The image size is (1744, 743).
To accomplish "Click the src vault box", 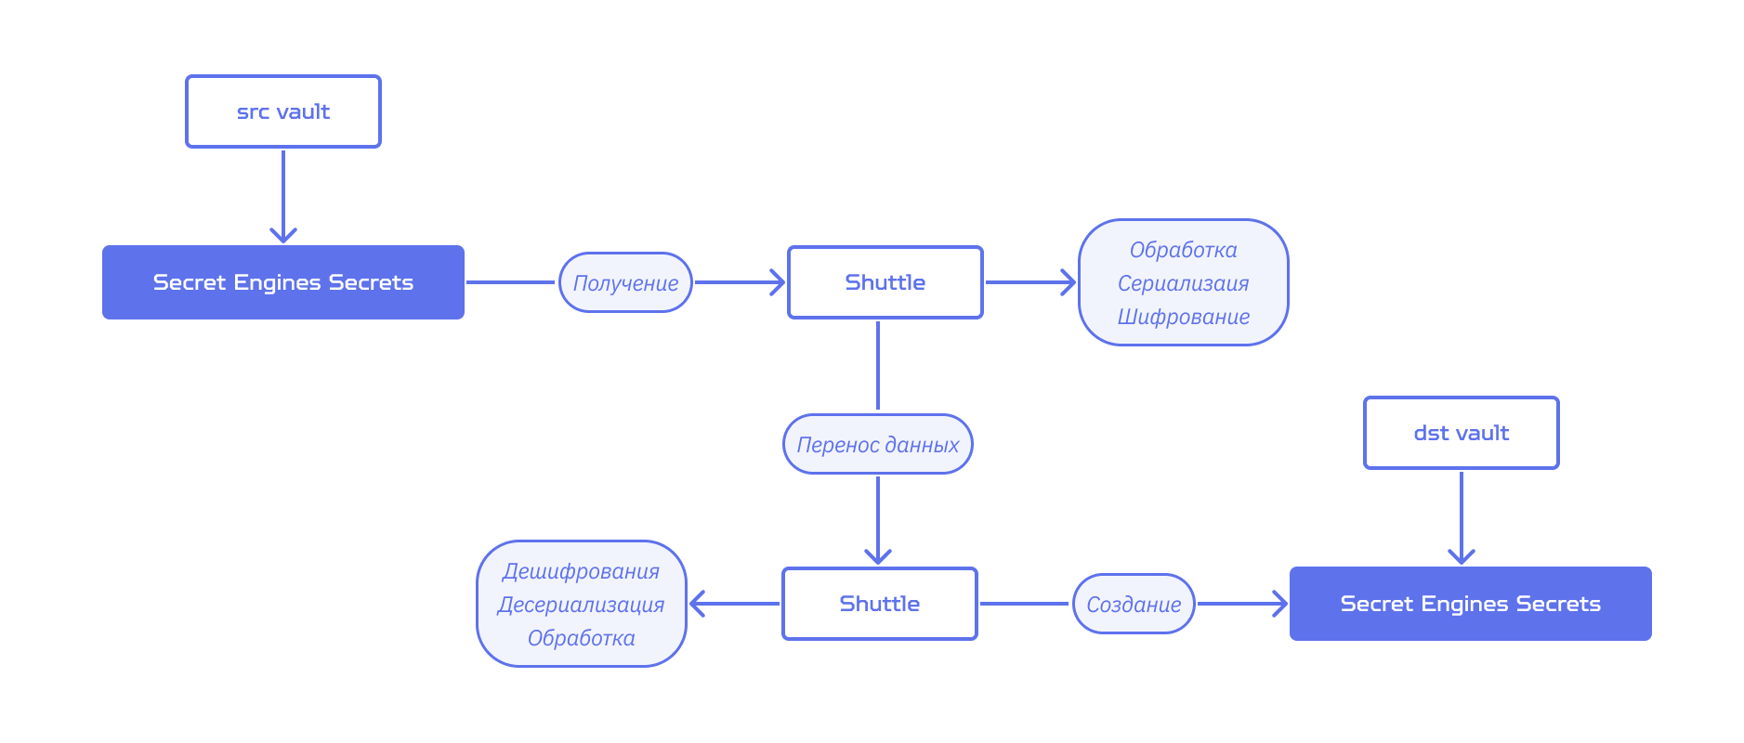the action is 283,111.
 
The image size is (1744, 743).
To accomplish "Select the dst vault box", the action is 1461,433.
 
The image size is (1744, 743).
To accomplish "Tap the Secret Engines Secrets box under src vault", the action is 283,282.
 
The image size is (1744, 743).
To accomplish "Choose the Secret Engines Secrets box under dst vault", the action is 1470,604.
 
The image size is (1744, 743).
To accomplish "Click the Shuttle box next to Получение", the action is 885,282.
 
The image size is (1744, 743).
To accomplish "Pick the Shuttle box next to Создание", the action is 879,604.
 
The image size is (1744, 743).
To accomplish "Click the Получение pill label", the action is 625,282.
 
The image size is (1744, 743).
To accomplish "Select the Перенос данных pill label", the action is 878,444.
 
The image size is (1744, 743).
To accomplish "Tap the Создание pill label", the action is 1134,604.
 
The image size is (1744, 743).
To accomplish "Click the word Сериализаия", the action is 1183,283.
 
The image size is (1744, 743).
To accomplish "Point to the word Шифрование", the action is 1183,317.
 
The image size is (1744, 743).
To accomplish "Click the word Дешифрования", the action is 581,571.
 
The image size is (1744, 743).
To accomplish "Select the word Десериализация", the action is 581,605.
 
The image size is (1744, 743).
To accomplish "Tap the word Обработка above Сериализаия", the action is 1183,250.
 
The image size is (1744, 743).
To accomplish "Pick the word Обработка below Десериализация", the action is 581,638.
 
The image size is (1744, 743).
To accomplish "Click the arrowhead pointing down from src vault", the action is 283,234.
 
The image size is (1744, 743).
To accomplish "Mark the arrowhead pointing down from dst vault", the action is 1462,555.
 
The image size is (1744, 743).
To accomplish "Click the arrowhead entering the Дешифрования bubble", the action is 699,604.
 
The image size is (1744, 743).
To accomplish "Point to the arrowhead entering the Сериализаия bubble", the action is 1067,282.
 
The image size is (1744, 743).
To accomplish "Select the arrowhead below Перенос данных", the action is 878,555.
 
